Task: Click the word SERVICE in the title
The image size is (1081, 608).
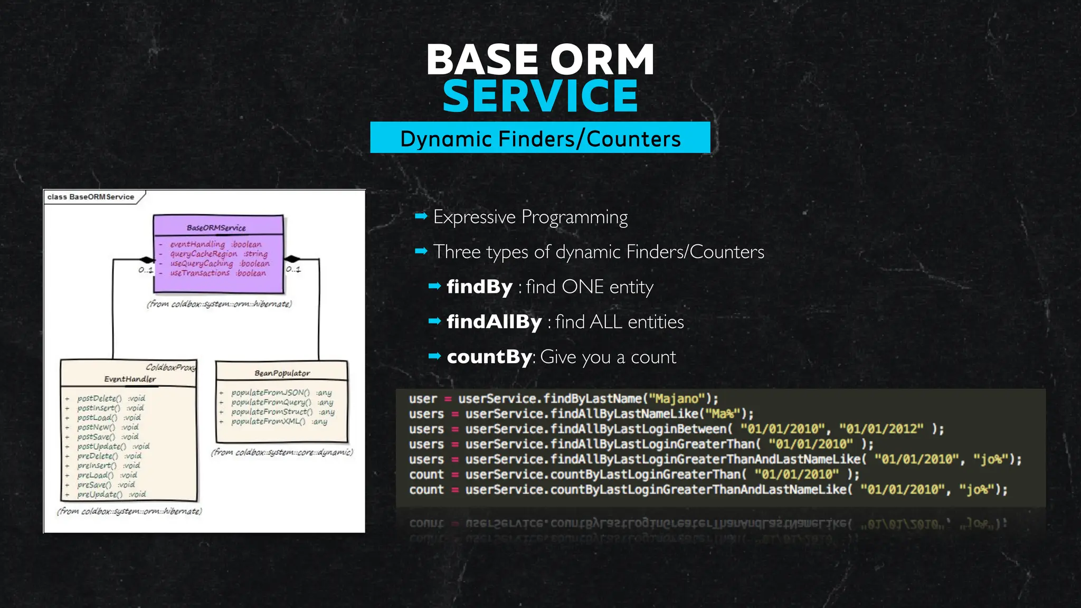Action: pos(540,96)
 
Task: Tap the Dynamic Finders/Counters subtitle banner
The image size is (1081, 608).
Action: pos(540,138)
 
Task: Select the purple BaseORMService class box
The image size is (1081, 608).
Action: pos(218,254)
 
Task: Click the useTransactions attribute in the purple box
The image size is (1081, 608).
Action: pos(200,273)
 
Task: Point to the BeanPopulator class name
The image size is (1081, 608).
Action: pos(282,373)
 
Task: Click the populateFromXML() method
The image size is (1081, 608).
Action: pos(268,422)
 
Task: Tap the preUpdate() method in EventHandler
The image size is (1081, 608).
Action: pos(100,495)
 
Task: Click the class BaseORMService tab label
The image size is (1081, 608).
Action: pos(91,197)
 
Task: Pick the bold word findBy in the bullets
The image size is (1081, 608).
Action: pos(479,287)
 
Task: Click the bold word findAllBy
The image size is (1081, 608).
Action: pos(494,322)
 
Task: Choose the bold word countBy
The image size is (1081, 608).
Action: pos(489,357)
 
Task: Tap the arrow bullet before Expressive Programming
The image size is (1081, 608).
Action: pos(421,216)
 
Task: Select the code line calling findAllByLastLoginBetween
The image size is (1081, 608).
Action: pos(676,429)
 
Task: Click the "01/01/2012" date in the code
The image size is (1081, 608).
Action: pos(881,429)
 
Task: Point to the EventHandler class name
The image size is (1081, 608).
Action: pos(130,379)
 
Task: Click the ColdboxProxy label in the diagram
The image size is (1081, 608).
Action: pos(170,367)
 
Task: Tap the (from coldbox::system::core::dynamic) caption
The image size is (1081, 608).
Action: pos(282,452)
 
